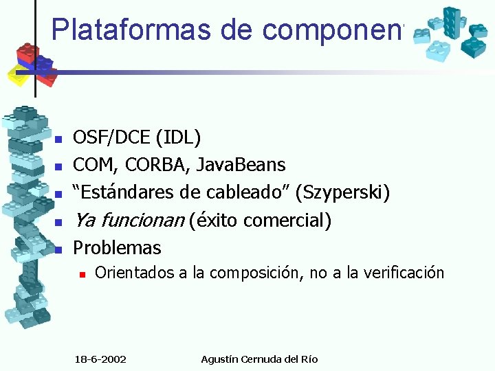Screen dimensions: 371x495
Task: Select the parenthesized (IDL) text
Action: [x=178, y=138]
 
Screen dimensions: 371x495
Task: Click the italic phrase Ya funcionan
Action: [x=129, y=221]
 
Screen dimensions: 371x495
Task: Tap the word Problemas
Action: [x=117, y=248]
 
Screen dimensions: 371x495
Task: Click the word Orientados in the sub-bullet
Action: [x=134, y=273]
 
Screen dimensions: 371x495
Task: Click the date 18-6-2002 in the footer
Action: [x=104, y=359]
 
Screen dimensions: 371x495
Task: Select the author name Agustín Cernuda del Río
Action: [x=259, y=359]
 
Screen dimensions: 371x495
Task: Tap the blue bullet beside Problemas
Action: [x=59, y=249]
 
